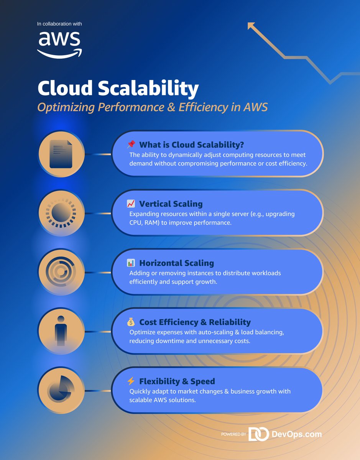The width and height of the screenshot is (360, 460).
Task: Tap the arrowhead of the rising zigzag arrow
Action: [x=252, y=26]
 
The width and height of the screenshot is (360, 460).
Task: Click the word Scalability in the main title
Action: [x=148, y=89]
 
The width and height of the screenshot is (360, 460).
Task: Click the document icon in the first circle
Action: [x=61, y=153]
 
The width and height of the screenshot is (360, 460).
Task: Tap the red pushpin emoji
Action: [x=131, y=145]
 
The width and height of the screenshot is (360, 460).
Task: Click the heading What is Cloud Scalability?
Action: [x=191, y=145]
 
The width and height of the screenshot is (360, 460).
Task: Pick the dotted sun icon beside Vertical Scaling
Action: [x=61, y=213]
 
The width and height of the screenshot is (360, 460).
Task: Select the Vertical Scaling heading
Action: [x=171, y=204]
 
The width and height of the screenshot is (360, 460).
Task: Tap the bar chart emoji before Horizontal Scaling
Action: [x=131, y=263]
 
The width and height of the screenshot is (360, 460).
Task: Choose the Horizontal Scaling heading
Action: [x=176, y=263]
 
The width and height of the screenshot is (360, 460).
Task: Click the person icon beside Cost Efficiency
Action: [x=61, y=331]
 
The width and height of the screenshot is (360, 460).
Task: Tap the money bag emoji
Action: [x=131, y=322]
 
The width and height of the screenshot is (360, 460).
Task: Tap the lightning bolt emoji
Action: [x=131, y=381]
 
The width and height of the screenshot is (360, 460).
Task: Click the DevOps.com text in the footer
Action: [x=296, y=434]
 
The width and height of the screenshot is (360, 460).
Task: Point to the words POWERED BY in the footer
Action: [x=233, y=435]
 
